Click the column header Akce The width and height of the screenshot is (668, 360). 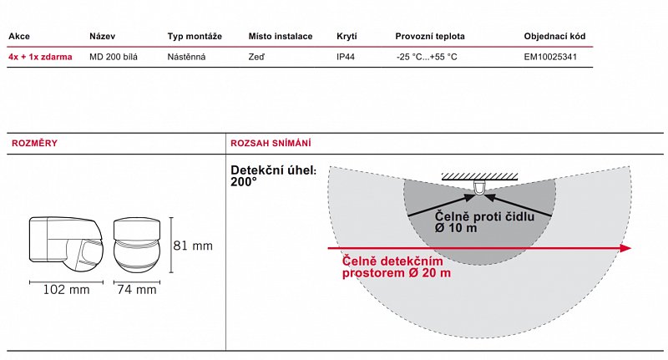(19, 36)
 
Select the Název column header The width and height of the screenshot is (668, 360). (102, 36)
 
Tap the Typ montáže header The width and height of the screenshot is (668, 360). (195, 36)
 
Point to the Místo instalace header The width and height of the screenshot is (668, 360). (281, 36)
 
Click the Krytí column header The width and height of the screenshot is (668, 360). (347, 36)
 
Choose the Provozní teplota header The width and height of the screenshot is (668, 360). (430, 36)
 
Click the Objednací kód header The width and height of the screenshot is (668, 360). (554, 36)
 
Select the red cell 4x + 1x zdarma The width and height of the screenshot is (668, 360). (40, 57)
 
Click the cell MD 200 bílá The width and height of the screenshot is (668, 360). (114, 57)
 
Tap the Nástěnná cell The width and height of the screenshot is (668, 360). (186, 57)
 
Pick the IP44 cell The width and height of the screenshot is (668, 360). (346, 57)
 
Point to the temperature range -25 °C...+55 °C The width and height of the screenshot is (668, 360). (427, 57)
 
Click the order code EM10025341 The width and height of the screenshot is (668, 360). (550, 57)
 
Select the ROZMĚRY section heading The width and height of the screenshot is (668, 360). (34, 143)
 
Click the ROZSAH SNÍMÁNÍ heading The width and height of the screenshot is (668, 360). (271, 143)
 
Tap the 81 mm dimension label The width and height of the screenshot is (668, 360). (193, 246)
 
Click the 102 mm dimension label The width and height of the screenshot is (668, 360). (67, 290)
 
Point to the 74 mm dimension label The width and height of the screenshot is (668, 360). (137, 290)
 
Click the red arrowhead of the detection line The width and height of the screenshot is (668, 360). (625, 248)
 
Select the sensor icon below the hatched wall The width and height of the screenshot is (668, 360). (479, 187)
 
